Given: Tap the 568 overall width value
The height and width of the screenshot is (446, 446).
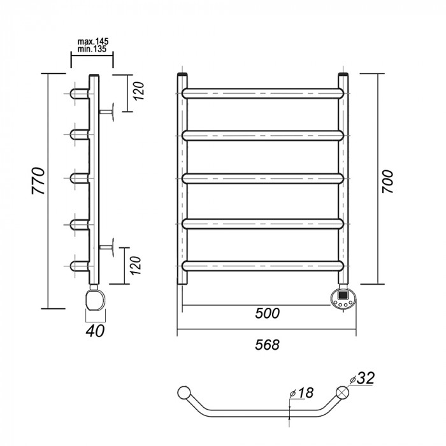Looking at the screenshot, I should (266, 344).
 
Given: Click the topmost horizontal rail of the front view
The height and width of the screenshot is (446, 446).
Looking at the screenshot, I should (265, 93).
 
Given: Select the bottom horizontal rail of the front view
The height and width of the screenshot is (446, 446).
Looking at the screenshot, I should (265, 264).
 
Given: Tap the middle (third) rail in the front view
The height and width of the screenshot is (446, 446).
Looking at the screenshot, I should (265, 178).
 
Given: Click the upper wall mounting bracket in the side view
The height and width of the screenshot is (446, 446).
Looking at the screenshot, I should (110, 111).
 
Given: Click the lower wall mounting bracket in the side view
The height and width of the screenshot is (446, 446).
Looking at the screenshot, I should (110, 246).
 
